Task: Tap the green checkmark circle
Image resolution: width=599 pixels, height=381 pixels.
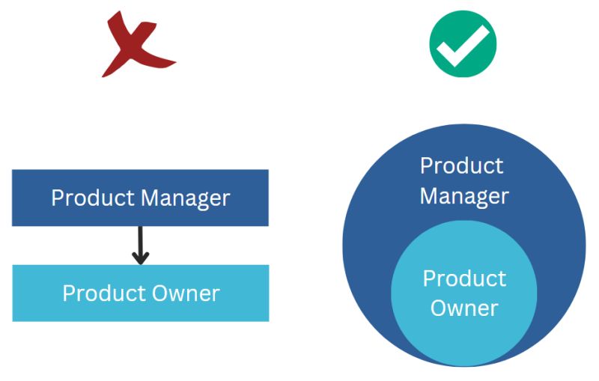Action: click(463, 44)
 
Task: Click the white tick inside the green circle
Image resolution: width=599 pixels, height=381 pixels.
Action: click(463, 46)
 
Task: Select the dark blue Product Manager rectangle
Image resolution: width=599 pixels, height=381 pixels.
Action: click(140, 198)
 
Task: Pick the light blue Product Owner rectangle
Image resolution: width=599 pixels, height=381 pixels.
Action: click(141, 293)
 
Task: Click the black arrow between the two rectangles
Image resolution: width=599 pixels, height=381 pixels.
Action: click(141, 245)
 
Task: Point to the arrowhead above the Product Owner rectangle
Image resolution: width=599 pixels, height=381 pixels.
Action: click(141, 258)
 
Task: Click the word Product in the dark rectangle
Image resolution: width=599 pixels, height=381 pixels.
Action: click(93, 198)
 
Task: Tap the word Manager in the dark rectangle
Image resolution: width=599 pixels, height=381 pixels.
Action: click(185, 198)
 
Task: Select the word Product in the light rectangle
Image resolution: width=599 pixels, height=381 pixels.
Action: click(104, 293)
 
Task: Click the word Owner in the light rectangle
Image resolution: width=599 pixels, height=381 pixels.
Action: click(186, 293)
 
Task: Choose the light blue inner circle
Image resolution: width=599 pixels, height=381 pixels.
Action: click(464, 293)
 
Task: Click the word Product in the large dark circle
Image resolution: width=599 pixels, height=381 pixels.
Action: click(462, 165)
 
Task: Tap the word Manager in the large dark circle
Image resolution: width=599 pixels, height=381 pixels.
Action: click(464, 197)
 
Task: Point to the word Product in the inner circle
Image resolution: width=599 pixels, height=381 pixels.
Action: click(464, 278)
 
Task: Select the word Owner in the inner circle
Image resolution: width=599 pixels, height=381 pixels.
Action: click(464, 308)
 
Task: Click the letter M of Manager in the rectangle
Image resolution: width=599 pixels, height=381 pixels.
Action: click(150, 198)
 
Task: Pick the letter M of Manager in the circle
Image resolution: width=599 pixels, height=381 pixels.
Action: click(428, 195)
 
